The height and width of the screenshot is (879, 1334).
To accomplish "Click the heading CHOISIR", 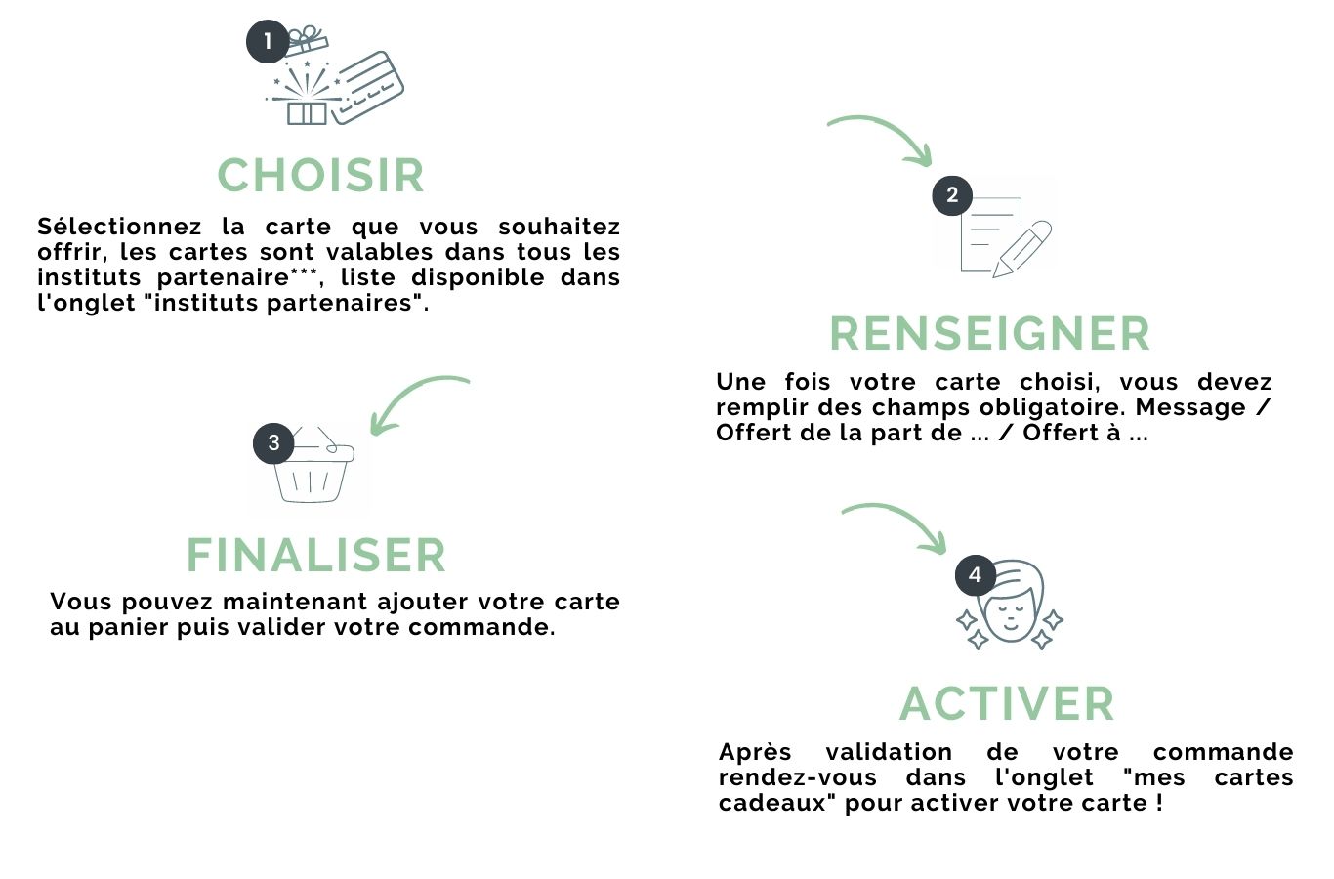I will [x=320, y=176].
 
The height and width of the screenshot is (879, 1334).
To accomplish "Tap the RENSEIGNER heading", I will [x=989, y=333].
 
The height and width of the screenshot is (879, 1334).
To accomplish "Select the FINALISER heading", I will [x=315, y=555].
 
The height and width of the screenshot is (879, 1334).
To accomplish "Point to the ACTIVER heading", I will [x=1007, y=703].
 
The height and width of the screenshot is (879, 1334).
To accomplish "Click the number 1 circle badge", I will [x=267, y=42].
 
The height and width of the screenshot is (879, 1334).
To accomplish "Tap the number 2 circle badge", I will [x=952, y=195].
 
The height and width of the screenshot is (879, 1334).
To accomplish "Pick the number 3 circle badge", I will [x=273, y=443].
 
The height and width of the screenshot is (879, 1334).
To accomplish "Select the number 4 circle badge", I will [x=975, y=575].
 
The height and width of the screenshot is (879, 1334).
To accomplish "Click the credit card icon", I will [x=366, y=86].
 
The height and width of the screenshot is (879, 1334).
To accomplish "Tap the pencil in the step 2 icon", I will [x=1023, y=248].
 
